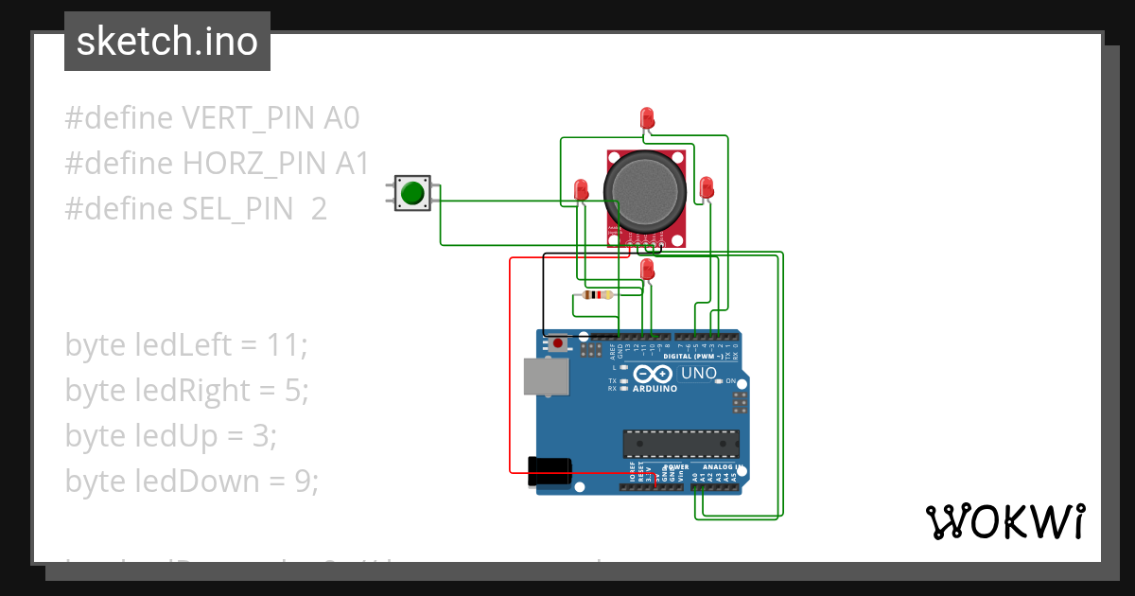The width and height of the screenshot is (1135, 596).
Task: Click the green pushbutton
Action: coord(412,193)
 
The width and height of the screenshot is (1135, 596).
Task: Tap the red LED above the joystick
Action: coord(647,118)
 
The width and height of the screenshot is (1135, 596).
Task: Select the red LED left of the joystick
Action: coord(581,189)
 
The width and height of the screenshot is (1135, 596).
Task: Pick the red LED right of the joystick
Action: coord(706,187)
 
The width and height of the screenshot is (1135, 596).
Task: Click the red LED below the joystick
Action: coord(647,271)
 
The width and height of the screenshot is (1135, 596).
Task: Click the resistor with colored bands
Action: coord(593,295)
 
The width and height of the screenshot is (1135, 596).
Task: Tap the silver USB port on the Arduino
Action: coord(547,376)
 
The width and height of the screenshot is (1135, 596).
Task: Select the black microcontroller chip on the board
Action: coord(680,443)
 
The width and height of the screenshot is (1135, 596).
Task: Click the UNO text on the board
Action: coord(699,374)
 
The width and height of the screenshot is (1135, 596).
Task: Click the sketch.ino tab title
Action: coord(167,42)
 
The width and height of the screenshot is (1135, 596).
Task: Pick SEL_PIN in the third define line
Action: coord(237,209)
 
